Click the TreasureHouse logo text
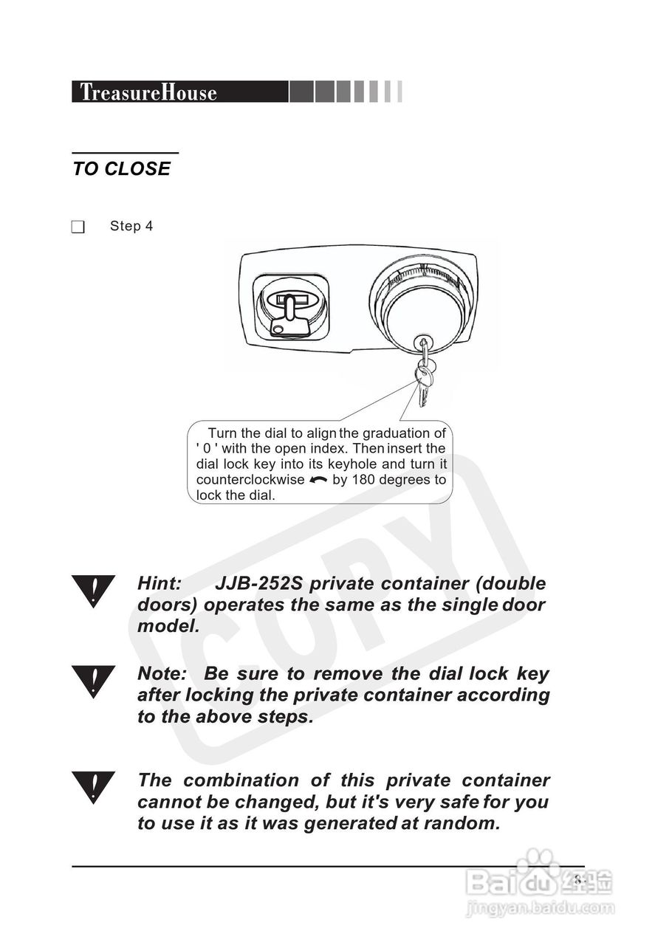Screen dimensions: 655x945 148,92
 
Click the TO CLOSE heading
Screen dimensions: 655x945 121,169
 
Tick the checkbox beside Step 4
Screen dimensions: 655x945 78,227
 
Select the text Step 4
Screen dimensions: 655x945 131,226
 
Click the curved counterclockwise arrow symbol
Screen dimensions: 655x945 318,480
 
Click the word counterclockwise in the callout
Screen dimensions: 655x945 250,480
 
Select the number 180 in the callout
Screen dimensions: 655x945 363,480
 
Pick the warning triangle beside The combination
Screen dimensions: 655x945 93,788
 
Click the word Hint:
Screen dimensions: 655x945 160,584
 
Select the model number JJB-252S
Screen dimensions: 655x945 258,584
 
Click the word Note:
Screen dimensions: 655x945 162,674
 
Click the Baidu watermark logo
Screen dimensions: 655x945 538,879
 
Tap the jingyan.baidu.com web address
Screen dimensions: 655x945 540,908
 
